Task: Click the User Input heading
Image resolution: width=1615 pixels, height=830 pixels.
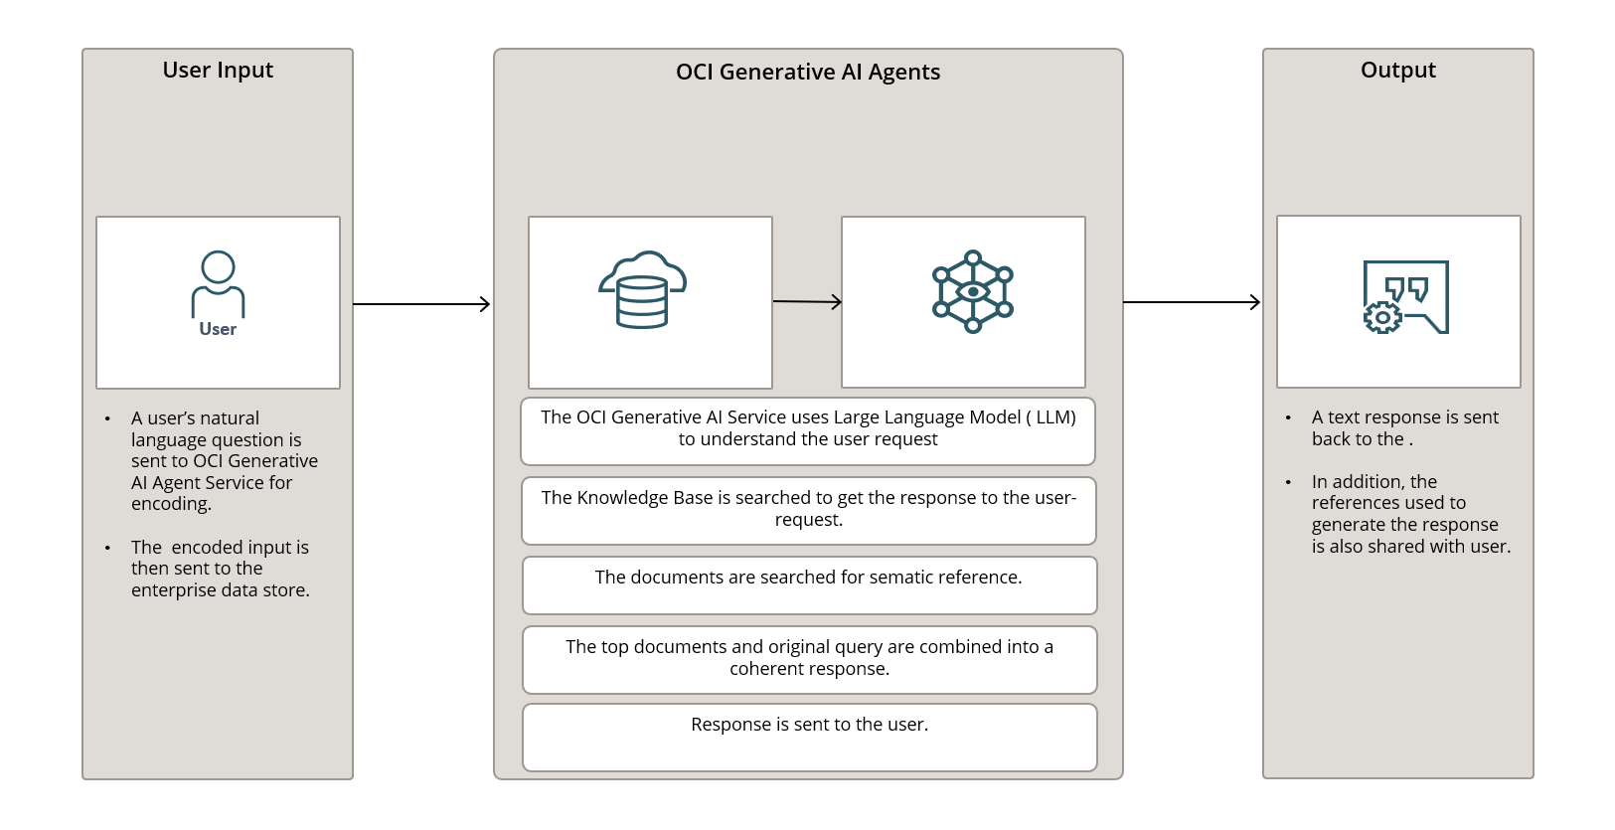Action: click(218, 71)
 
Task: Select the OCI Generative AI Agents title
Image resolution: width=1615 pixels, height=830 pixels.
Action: click(807, 73)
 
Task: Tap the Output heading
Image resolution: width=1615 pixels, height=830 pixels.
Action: click(1397, 71)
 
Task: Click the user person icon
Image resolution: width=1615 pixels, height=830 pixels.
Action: click(218, 283)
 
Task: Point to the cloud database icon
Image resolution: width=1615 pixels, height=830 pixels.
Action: click(642, 289)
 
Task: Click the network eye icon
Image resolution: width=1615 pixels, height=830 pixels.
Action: click(972, 291)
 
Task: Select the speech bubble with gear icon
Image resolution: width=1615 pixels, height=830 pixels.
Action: click(1404, 297)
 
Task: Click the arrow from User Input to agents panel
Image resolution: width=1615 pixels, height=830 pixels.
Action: click(421, 304)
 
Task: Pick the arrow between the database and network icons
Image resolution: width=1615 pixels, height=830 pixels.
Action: click(806, 301)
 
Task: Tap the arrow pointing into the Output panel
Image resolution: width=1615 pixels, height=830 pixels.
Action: click(1191, 302)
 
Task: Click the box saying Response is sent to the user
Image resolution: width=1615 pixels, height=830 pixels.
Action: click(809, 737)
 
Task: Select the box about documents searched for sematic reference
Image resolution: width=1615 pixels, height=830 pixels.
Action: click(809, 585)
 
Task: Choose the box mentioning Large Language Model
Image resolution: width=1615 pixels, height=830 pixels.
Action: click(807, 430)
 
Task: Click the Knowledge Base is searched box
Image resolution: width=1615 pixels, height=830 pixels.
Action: click(808, 510)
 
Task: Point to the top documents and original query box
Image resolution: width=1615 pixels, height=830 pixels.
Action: click(809, 659)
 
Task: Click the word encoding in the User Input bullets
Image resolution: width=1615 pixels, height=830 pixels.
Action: click(171, 504)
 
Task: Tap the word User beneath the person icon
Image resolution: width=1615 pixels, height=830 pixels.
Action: click(218, 330)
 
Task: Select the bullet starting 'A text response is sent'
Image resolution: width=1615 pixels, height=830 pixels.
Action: click(1403, 428)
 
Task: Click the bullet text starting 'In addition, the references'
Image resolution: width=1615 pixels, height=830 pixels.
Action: click(1409, 514)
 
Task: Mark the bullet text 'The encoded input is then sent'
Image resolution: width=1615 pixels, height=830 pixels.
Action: click(220, 569)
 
